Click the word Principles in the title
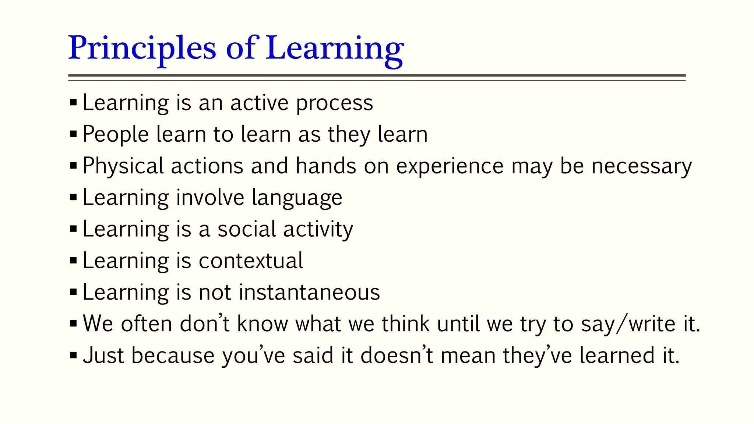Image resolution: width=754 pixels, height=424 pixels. click(142, 49)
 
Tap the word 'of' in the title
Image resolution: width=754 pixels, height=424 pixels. click(241, 48)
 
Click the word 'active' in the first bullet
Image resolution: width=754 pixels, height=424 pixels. click(259, 103)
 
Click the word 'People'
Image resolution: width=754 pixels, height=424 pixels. click(115, 135)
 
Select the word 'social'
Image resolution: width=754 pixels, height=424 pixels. click(247, 229)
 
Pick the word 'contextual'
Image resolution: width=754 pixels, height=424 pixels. click(251, 261)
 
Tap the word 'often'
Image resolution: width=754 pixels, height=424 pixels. click(147, 324)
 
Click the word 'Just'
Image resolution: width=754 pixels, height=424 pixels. click(103, 356)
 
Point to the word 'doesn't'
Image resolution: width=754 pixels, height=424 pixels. click(397, 356)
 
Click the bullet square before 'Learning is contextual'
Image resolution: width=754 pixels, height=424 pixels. click(73, 261)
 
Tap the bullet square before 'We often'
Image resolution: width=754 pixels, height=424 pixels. click(73, 324)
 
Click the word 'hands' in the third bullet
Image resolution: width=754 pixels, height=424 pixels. click(326, 166)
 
